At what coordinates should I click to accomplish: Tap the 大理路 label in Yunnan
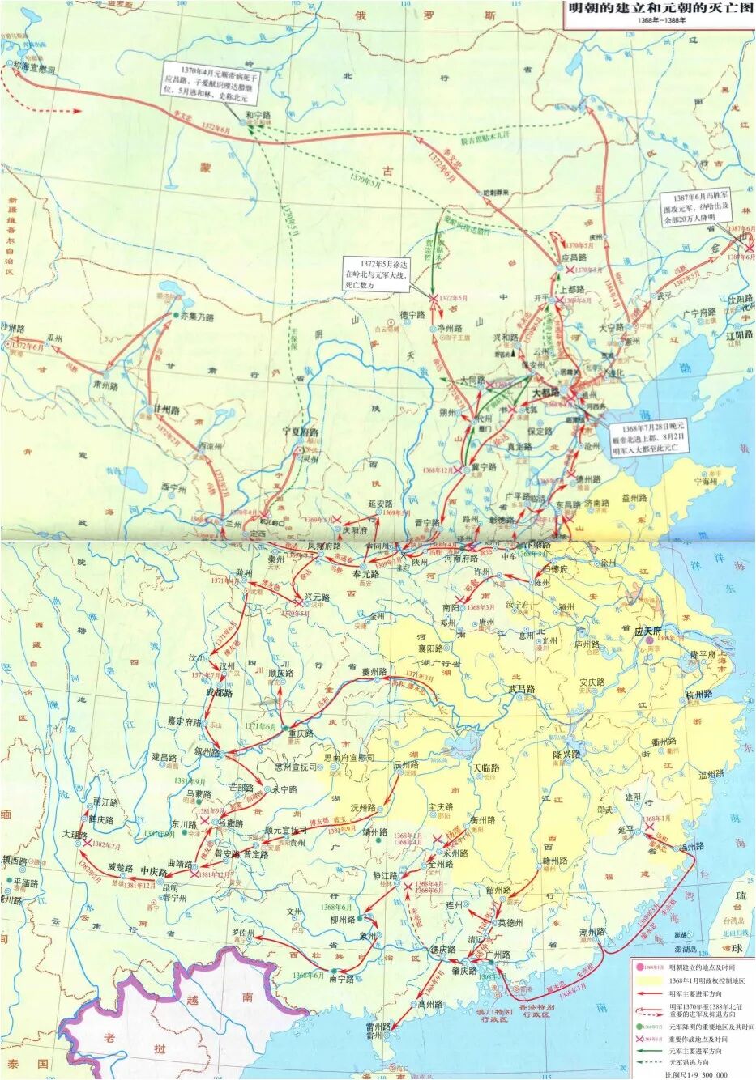point(78,832)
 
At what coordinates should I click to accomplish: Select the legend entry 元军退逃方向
point(694,1061)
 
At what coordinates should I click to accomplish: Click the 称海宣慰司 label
point(34,70)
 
